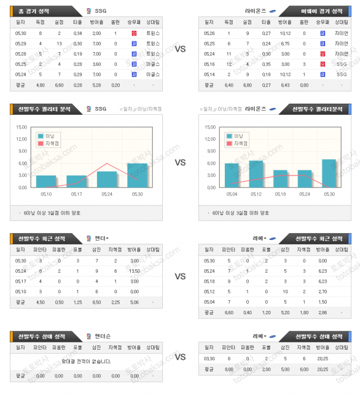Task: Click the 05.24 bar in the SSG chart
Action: pos(107,179)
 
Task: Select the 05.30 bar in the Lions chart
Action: pos(328,173)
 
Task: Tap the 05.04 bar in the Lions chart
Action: pos(232,175)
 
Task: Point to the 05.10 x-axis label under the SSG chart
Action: pos(46,194)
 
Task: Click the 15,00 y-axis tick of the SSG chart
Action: pos(22,127)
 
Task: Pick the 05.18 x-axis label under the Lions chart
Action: pos(280,194)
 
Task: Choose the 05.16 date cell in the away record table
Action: pos(209,64)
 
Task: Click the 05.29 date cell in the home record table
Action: pos(20,43)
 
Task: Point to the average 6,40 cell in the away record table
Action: pos(228,85)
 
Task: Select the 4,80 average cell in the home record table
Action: pos(40,85)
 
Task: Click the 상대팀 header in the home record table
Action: pos(152,23)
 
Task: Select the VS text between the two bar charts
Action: pos(180,163)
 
